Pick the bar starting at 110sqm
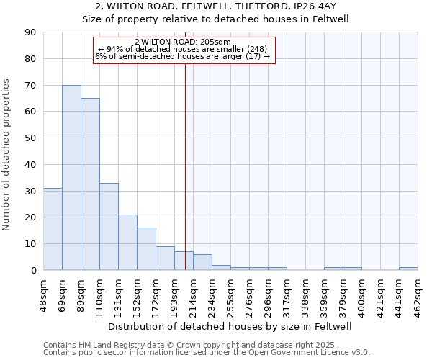[109, 226]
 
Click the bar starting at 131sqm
[127, 242]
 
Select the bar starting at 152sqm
[146, 248]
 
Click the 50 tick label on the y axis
[30, 138]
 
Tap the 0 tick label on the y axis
[33, 270]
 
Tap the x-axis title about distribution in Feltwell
[230, 326]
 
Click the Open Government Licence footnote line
[207, 353]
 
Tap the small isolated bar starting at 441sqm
[408, 269]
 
